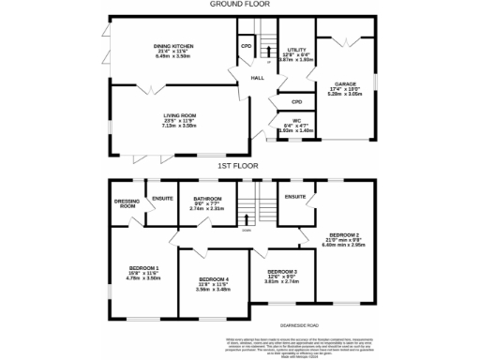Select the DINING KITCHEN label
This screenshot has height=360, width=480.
(x=174, y=45)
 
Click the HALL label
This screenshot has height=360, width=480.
(x=255, y=79)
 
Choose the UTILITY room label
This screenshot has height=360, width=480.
(x=298, y=49)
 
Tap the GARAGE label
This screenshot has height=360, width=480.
(x=344, y=83)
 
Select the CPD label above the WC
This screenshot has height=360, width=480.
(x=296, y=101)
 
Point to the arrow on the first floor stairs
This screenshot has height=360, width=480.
(x=247, y=217)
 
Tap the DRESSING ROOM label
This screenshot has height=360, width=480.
(x=126, y=202)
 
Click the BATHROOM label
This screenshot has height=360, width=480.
(x=206, y=199)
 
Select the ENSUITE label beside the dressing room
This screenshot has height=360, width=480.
(x=163, y=197)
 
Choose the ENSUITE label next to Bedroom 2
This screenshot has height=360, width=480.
(x=295, y=196)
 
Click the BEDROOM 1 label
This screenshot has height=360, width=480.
(x=143, y=268)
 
